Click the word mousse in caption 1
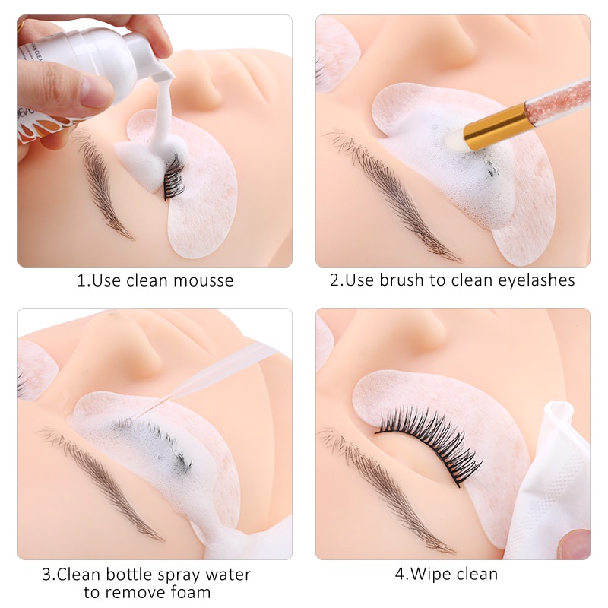coord(203,280)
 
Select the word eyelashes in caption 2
coord(537,280)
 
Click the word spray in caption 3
coord(175,575)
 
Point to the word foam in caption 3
coord(190,592)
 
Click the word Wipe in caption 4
coord(428,574)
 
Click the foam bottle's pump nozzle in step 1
coord(163,71)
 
